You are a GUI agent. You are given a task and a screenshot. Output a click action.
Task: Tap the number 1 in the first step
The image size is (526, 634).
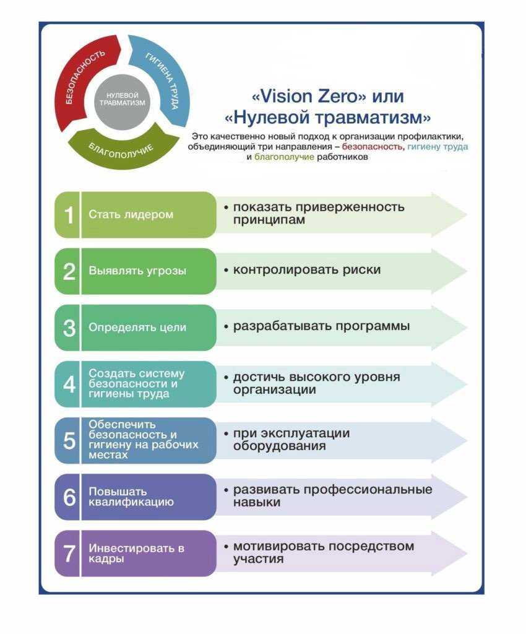pos(69,215)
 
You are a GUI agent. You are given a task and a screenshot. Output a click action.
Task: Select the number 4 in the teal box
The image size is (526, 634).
pos(69,384)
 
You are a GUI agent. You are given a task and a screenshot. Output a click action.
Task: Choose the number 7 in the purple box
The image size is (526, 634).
pos(69,554)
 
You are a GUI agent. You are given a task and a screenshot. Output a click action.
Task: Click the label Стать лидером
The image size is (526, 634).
pos(131,215)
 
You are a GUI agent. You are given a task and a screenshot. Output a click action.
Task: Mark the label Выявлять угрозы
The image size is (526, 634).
pos(137,271)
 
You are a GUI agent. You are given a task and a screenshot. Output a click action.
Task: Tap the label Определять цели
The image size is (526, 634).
pos(137,328)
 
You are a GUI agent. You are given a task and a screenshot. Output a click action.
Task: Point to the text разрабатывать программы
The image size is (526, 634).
pos(321,326)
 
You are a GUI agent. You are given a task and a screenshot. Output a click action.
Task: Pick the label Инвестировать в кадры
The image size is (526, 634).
pos(136,554)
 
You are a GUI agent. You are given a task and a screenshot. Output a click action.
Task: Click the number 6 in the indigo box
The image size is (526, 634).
pos(69,497)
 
